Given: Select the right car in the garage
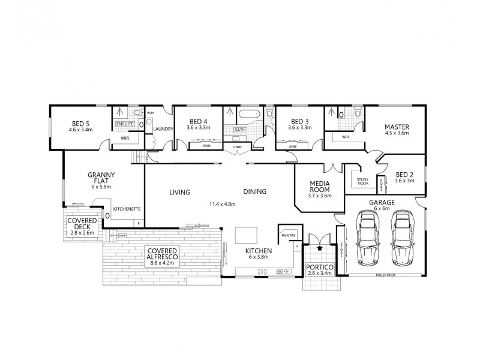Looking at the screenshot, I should [x=402, y=238].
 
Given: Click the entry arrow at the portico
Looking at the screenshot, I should [x=319, y=246].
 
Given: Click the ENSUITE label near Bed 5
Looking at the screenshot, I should [x=125, y=124].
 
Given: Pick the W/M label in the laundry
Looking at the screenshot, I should [x=150, y=113].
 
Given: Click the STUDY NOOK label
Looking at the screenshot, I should [x=362, y=181].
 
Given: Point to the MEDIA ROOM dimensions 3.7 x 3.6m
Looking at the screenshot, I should [x=320, y=196].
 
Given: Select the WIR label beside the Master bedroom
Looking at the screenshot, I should [x=346, y=137].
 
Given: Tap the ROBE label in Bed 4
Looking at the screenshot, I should [x=206, y=146].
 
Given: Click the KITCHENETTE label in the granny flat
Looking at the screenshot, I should [x=127, y=209].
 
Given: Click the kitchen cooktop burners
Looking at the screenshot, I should [x=263, y=272].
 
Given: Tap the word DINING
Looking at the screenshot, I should [x=254, y=192].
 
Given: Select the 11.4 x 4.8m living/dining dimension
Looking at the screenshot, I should [x=222, y=204].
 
